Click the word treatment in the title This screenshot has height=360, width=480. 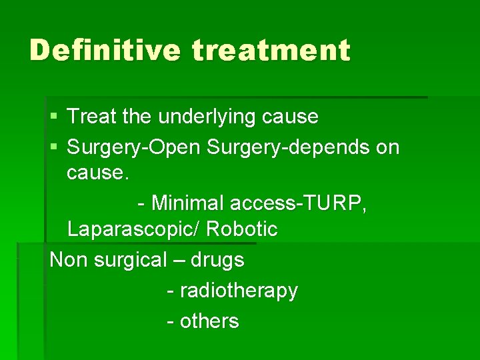pyautogui.click(x=271, y=51)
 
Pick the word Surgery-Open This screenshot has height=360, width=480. pyautogui.click(x=134, y=147)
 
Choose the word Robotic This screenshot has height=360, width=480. pyautogui.click(x=242, y=229)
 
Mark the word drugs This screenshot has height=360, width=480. pyautogui.click(x=217, y=260)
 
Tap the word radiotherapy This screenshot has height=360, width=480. pyautogui.click(x=239, y=291)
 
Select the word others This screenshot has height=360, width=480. pyautogui.click(x=209, y=321)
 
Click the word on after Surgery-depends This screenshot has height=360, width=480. pyautogui.click(x=388, y=147)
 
